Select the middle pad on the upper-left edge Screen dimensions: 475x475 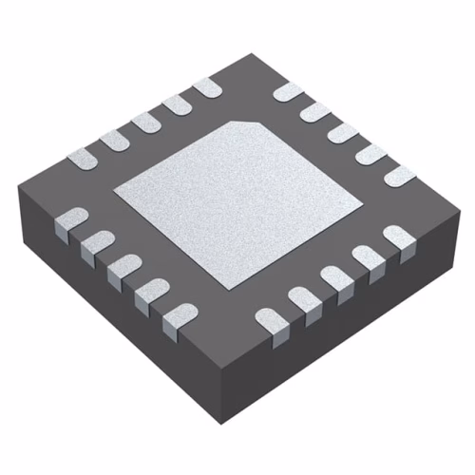(x=145, y=122)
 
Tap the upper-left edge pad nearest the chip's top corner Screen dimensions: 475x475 (x=206, y=87)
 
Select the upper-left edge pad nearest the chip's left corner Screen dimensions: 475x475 (x=84, y=156)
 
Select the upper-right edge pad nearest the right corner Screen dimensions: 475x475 (x=400, y=175)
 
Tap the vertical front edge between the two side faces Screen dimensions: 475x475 (x=225, y=399)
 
